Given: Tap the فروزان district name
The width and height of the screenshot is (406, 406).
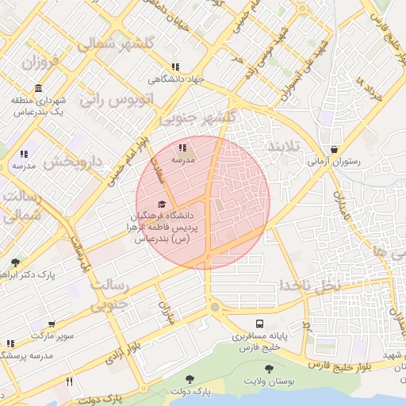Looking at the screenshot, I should pos(41,63).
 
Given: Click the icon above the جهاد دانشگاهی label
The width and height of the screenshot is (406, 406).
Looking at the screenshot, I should pos(174,67).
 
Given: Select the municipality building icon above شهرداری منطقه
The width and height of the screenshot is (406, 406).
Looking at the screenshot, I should pos(38,88).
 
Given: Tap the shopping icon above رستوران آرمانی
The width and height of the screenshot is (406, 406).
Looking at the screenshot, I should pos(334,149).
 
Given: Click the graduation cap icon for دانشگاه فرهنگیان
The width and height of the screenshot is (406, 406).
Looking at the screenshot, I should pos(163,204).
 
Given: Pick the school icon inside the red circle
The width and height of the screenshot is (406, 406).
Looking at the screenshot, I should pos(182,147).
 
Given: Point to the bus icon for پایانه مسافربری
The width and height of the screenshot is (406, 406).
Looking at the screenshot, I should pos(259,324).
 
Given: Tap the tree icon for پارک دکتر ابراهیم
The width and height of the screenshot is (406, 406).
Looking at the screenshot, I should pos(15,262).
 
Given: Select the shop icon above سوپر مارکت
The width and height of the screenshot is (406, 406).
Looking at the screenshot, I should pos(52,325).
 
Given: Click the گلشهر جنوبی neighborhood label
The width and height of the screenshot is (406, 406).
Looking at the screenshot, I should pos(198,117).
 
